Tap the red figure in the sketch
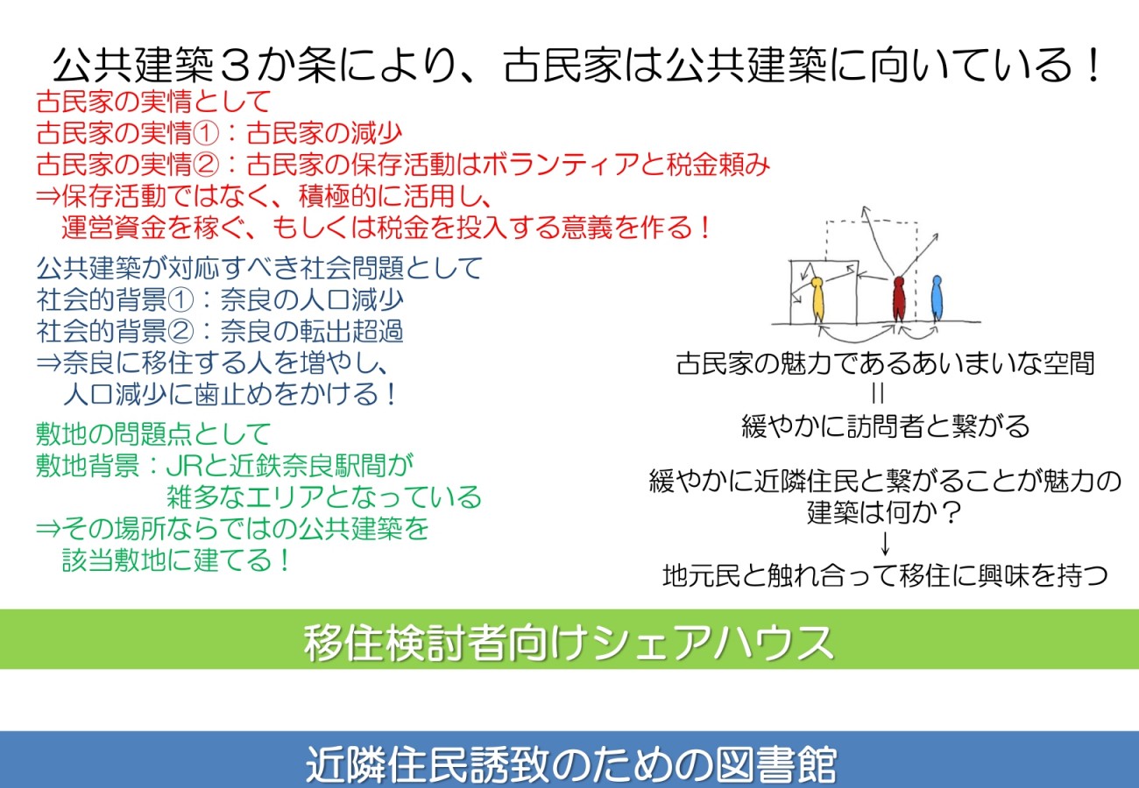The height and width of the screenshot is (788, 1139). coord(899,299)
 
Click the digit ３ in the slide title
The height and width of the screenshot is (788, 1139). coord(236,66)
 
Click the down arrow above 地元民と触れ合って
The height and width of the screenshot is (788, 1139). coord(885,544)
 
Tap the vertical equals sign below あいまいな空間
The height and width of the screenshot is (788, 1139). coord(878,393)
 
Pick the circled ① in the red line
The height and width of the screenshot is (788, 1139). coord(205,133)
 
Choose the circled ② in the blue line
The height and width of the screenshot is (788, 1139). coord(180,331)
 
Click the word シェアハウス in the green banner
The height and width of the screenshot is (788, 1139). coord(711,643)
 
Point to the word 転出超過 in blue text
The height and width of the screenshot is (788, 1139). coord(350,331)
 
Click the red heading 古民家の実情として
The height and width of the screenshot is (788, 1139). coord(153,102)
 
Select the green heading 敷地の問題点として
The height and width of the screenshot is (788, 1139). coord(153,433)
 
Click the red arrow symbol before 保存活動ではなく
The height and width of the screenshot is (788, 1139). coord(49,195)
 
